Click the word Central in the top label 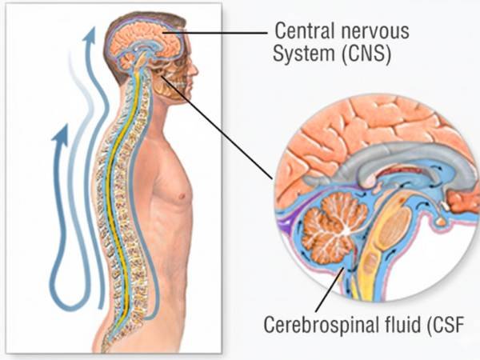302,31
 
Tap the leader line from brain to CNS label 224,31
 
